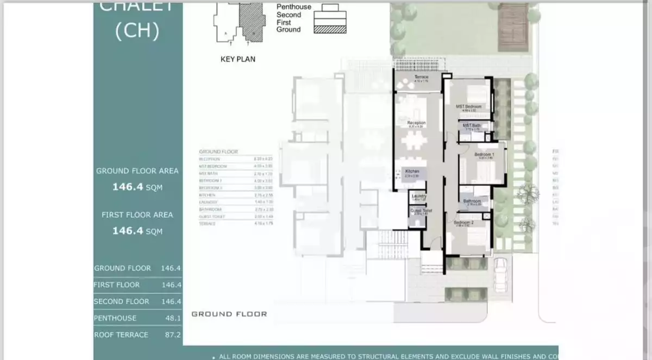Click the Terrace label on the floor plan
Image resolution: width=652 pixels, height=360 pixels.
[422, 77]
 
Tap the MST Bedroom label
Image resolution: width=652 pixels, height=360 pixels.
[469, 106]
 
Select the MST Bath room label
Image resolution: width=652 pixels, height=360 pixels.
[471, 125]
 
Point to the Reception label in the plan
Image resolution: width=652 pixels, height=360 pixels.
[417, 123]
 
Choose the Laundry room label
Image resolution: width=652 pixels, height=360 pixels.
[418, 196]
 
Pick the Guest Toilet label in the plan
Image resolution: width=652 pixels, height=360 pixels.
[421, 211]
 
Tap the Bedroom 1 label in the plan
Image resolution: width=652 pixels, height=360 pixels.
[484, 155]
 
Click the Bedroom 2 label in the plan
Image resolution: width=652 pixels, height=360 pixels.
[463, 223]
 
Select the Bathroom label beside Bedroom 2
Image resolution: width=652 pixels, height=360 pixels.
[472, 201]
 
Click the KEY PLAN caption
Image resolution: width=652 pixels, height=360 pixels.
[237, 59]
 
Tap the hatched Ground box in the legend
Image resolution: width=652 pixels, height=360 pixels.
[330, 29]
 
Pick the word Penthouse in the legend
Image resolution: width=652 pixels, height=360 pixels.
[294, 7]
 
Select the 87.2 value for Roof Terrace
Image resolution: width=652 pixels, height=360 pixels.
[172, 335]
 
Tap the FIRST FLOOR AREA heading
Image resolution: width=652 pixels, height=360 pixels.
[137, 215]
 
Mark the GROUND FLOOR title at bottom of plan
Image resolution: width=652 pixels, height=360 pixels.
[229, 314]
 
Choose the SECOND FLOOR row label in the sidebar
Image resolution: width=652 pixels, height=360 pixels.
[121, 301]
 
